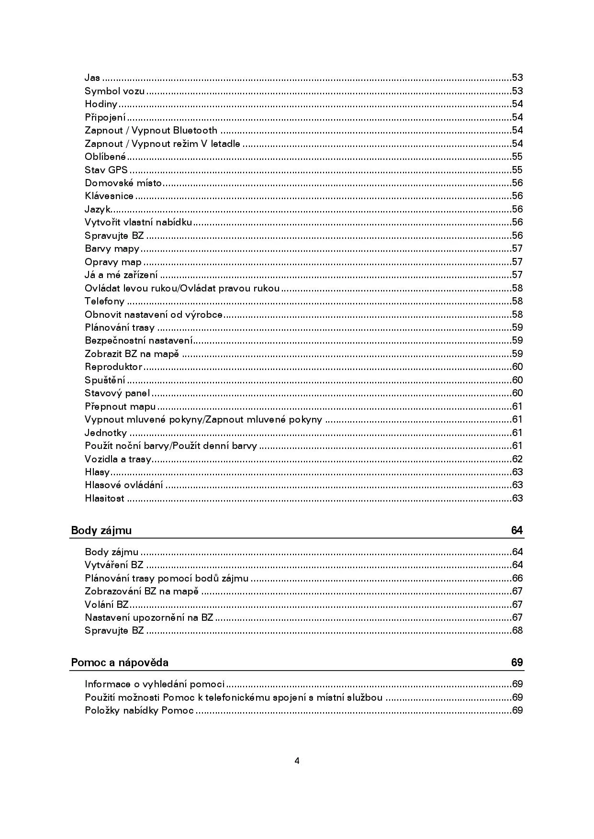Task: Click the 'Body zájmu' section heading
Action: coord(101,530)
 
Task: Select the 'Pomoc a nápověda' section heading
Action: coord(120,662)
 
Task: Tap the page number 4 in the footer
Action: coord(297,761)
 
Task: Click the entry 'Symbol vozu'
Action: coord(114,91)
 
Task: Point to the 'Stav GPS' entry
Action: coord(106,170)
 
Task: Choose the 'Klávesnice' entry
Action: coord(109,196)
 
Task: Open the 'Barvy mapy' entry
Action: coord(112,248)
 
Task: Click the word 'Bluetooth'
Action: coord(195,130)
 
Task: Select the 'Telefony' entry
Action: coord(104,301)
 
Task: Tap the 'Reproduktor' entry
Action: coord(113,367)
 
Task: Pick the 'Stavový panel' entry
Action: coord(117,393)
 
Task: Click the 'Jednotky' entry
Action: coord(106,433)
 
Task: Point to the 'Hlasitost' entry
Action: coord(104,498)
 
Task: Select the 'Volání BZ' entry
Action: coord(107,604)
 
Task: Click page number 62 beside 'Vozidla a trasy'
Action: coord(517,459)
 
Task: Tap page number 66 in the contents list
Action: coord(517,578)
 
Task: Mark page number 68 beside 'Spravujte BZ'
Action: coord(517,630)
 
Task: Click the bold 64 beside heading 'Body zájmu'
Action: coord(517,530)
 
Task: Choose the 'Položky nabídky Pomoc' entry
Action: coord(139,710)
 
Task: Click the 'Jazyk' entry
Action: coord(98,209)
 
